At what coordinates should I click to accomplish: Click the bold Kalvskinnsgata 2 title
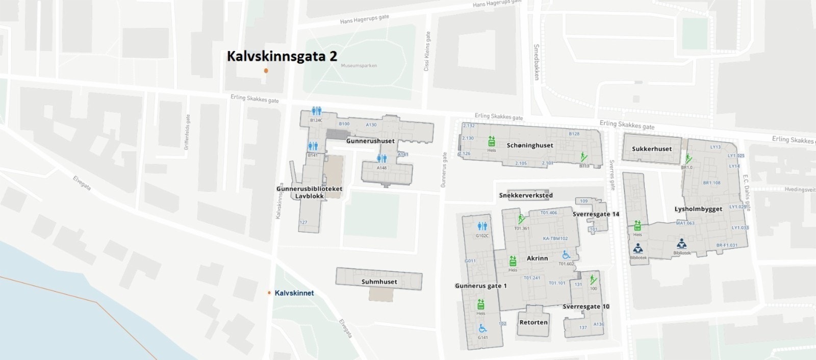point(282,56)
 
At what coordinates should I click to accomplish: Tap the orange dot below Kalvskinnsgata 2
point(266,70)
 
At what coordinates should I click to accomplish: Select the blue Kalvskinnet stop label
point(294,293)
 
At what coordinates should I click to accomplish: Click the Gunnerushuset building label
point(370,141)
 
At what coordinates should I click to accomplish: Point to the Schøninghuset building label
point(530,145)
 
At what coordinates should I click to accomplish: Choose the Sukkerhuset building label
point(648,149)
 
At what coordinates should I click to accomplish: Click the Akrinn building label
point(537,258)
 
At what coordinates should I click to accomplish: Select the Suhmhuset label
point(379,281)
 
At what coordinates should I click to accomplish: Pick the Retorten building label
point(533,322)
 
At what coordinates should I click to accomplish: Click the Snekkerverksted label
point(525,195)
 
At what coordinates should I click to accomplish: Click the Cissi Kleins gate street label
point(428,51)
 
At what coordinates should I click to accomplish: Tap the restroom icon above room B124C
point(317,111)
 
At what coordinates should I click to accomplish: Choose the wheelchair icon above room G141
point(482,328)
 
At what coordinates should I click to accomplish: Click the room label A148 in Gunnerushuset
point(381,168)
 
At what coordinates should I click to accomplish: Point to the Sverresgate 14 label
point(596,214)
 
